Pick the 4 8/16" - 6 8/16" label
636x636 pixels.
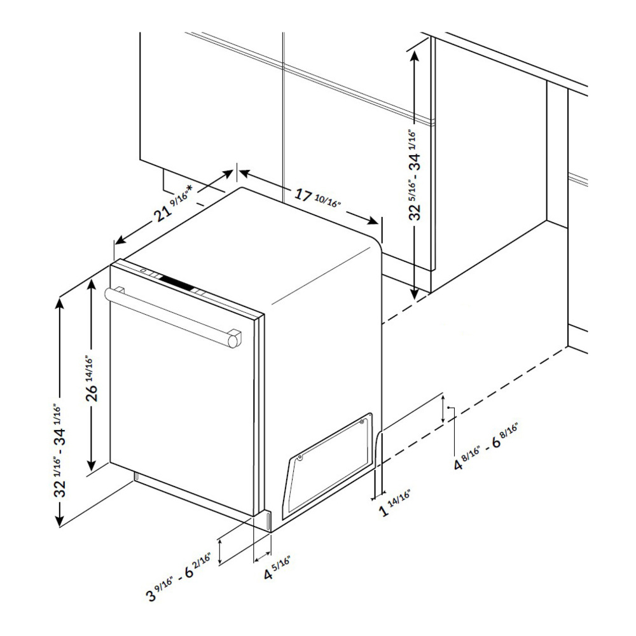pos(486,447)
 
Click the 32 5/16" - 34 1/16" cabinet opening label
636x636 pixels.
pos(414,175)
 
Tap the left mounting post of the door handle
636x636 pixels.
pos(120,289)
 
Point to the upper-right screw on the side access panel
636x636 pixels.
pos(363,422)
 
